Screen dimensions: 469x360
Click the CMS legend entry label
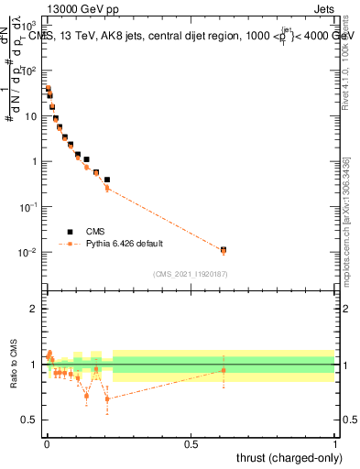96,232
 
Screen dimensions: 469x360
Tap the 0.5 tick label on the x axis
191,443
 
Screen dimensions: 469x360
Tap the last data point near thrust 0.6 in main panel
224,250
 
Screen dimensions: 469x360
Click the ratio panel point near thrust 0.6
224,370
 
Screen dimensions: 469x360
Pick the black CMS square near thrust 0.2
107,180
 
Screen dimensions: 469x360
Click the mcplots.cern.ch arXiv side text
345,229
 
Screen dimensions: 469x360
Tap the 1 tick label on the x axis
335,443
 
